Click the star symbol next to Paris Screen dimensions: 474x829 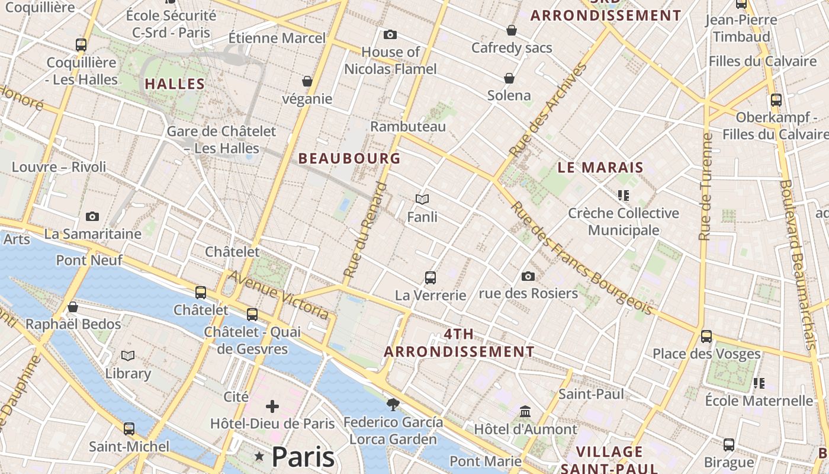point(259,456)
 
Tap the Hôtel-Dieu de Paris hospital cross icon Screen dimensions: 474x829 point(272,406)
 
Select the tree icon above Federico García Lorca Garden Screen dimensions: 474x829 point(392,405)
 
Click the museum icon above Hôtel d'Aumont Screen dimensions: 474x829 point(525,411)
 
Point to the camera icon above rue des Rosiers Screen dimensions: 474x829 point(528,276)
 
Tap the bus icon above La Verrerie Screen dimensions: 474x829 point(430,277)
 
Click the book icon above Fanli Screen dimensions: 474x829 point(422,200)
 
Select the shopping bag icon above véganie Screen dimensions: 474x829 point(307,81)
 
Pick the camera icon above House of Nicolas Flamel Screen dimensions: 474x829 point(390,35)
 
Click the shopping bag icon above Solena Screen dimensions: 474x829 point(509,78)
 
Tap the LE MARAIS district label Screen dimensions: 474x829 point(600,168)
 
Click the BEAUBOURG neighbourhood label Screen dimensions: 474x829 point(349,159)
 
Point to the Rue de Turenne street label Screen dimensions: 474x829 point(705,187)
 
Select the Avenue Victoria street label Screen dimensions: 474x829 point(278,295)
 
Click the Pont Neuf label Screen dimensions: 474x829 point(89,260)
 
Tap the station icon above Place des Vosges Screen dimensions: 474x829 point(706,337)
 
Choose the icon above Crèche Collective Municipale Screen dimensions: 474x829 point(623,195)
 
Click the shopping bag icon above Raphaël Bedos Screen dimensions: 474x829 point(73,307)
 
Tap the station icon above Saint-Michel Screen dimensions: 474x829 point(129,429)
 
